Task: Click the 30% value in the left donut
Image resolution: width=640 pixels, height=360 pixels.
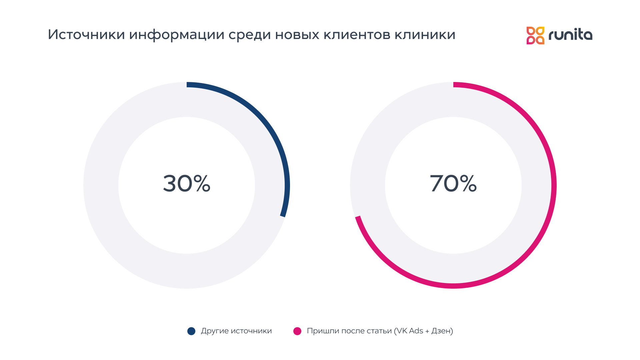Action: (187, 184)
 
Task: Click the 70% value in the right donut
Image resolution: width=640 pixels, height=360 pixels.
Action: (453, 184)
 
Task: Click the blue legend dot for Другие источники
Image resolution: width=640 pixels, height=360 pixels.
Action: (191, 331)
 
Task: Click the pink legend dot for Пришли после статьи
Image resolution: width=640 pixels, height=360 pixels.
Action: (297, 331)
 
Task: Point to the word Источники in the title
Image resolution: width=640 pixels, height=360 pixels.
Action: (86, 35)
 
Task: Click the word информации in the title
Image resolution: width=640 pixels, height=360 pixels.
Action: (177, 35)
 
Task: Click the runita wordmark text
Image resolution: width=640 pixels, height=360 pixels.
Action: (570, 35)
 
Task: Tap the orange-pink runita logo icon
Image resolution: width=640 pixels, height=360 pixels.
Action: (535, 35)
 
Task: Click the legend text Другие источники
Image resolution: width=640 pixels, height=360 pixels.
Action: (236, 331)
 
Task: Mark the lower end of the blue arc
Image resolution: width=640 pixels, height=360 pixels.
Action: (283, 215)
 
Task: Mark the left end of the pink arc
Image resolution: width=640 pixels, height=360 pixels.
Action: (358, 218)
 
